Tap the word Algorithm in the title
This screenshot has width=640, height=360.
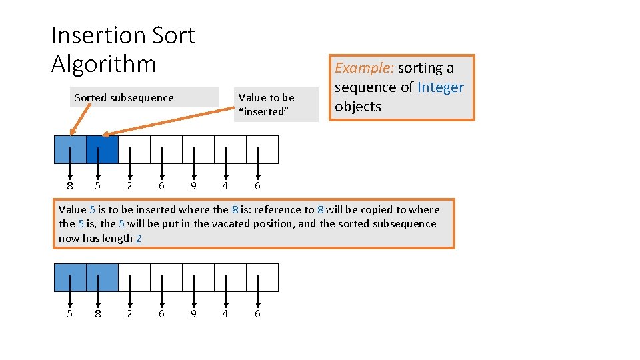103,64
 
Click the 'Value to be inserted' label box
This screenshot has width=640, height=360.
275,105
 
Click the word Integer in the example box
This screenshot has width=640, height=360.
440,87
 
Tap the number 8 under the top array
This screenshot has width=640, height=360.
70,186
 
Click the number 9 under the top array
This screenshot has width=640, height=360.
193,186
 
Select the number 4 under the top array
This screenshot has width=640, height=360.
225,186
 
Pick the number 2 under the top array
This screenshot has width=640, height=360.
129,186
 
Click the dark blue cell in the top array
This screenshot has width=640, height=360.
102,149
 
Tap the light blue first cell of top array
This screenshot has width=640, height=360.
70,149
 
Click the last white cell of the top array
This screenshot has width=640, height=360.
262,149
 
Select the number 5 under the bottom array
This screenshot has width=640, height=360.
70,314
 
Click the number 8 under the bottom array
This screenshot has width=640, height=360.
98,314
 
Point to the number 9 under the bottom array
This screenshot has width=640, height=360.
193,314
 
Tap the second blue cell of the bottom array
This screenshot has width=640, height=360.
102,277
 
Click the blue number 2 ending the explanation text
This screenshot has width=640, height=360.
139,239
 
